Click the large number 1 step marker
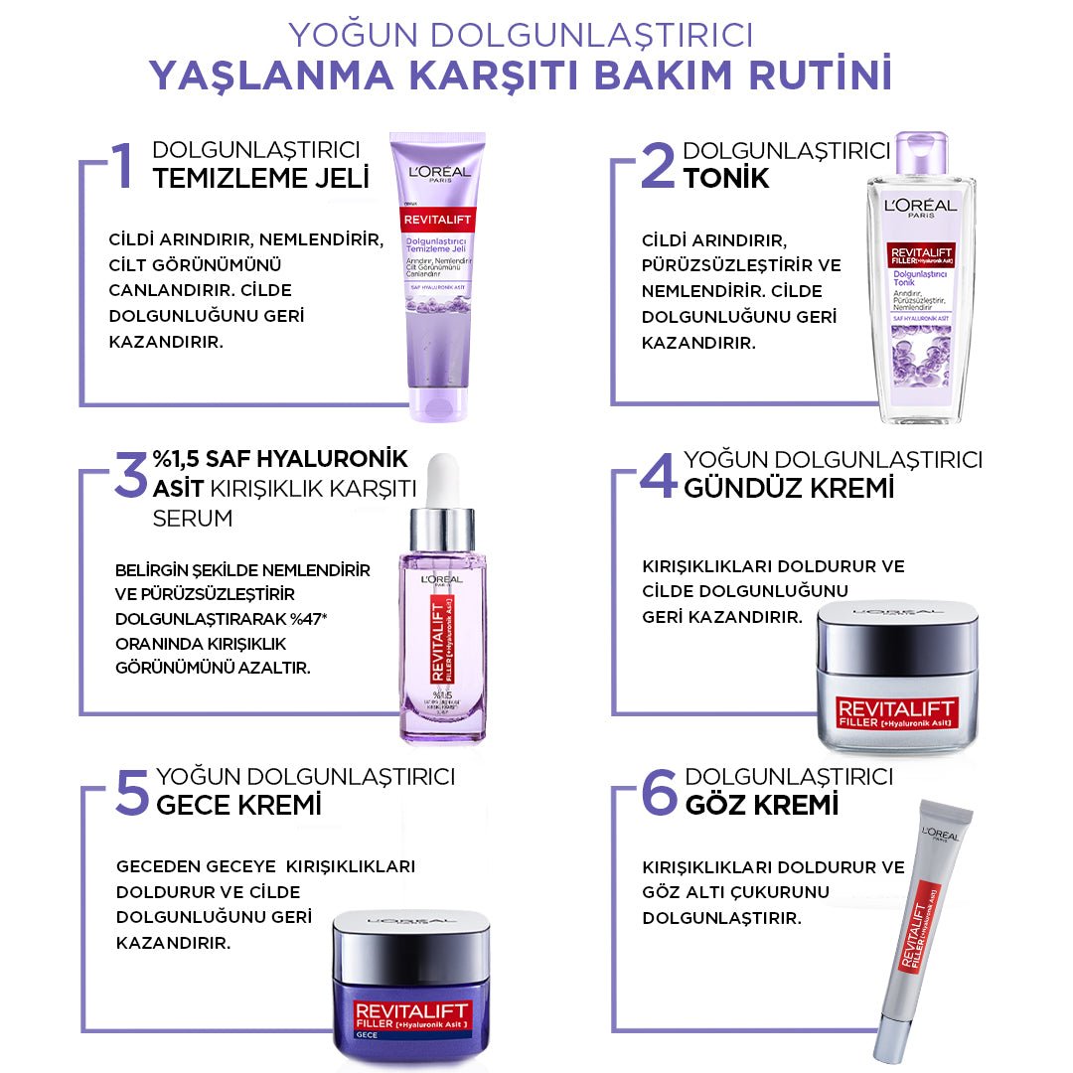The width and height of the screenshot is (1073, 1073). tap(122, 165)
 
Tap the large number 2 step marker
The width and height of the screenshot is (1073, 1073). tap(657, 165)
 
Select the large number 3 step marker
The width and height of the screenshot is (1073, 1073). tap(129, 474)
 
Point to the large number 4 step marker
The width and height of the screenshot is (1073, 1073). tap(658, 474)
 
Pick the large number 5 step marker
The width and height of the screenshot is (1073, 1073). tap(131, 791)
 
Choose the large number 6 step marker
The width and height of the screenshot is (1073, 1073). tap(659, 791)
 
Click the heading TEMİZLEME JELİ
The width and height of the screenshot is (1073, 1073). tap(260, 179)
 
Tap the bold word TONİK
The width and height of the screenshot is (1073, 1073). tap(726, 179)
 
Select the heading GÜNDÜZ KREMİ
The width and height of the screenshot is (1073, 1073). tap(789, 488)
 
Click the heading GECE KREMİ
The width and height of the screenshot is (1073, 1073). tap(238, 804)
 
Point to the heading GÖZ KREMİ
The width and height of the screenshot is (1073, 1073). tap(761, 804)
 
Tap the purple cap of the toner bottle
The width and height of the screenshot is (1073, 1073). tap(921, 154)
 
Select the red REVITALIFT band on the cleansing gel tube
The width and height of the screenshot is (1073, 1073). tap(436, 220)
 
